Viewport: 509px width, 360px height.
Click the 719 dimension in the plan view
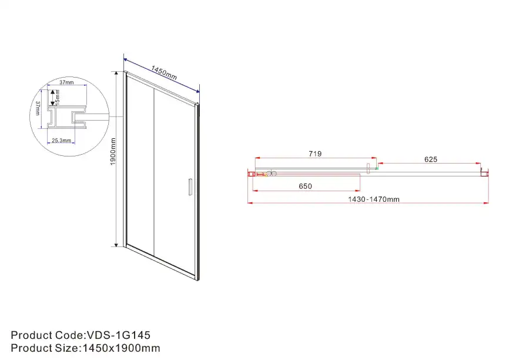pyautogui.click(x=314, y=154)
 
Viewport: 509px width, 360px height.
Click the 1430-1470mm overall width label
pyautogui.click(x=373, y=199)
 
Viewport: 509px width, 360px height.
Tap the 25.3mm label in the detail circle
pyautogui.click(x=61, y=141)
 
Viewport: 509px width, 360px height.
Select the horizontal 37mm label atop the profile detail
pyautogui.click(x=66, y=82)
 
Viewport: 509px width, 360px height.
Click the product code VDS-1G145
pyautogui.click(x=118, y=335)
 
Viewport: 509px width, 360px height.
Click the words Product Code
pyautogui.click(x=47, y=335)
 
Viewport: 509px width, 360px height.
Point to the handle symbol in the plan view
pyautogui.click(x=369, y=169)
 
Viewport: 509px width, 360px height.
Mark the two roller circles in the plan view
pyautogui.click(x=270, y=174)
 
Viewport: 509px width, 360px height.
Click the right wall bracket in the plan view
pyautogui.click(x=485, y=173)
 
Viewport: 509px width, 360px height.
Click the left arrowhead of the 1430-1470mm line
pyautogui.click(x=250, y=204)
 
